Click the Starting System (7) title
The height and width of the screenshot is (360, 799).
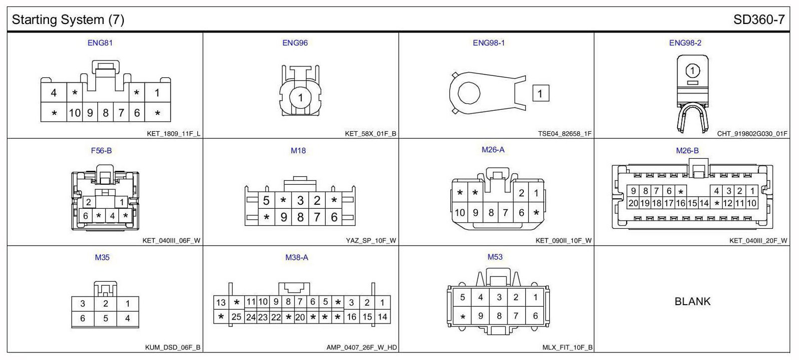(68, 19)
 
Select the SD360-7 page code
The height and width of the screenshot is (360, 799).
(759, 19)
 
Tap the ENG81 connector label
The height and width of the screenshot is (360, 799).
(100, 43)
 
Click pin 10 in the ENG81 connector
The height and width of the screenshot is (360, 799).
(74, 113)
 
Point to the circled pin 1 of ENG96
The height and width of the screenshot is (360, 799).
(300, 97)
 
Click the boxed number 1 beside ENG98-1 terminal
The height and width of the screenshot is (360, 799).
(540, 93)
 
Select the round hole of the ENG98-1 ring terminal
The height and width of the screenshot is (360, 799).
(469, 93)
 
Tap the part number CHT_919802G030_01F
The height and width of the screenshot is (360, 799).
(752, 134)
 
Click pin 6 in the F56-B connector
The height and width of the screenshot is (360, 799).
(85, 216)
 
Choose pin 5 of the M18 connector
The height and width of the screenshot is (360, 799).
(266, 201)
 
